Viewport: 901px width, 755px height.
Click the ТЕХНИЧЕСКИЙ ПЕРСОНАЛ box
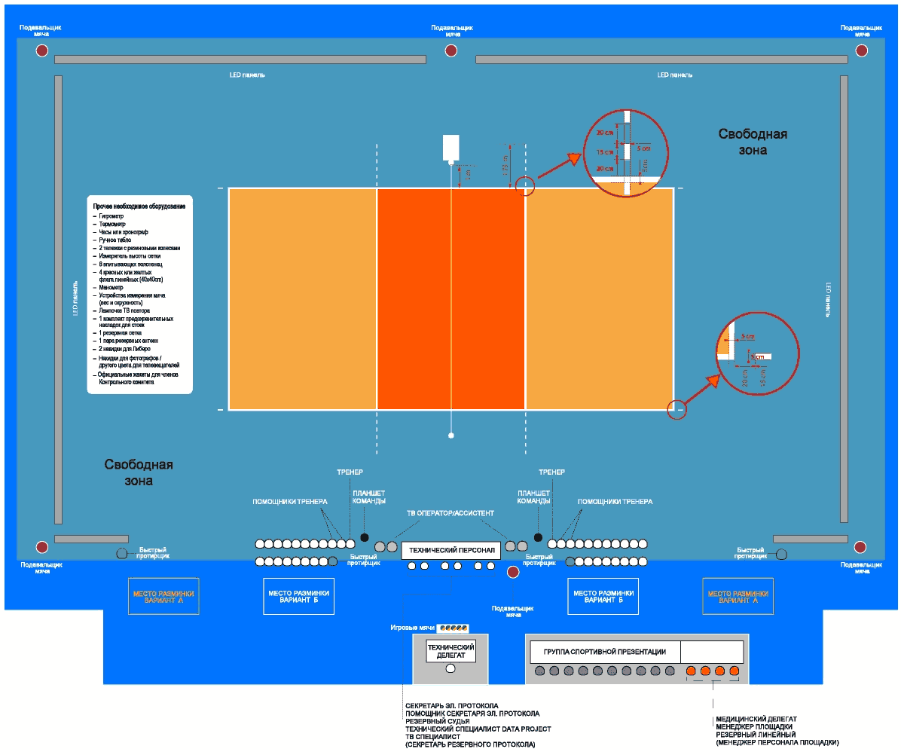(450, 550)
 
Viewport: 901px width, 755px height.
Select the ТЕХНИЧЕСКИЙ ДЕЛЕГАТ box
(450, 652)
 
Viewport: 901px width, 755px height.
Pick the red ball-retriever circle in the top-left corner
(41, 50)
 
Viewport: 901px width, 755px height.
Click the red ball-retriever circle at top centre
(450, 50)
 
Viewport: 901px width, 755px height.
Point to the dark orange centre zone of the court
(450, 298)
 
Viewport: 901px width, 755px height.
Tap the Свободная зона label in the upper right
(752, 142)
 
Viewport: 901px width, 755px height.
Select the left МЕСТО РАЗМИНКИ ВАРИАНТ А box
(163, 597)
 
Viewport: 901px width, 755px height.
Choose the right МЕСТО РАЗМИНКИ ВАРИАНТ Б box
(603, 597)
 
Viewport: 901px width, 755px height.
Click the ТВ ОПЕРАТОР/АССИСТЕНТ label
(450, 513)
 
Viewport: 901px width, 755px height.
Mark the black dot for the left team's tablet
(365, 537)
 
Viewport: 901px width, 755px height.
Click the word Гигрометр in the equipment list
(111, 216)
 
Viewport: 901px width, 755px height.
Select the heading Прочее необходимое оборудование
(139, 206)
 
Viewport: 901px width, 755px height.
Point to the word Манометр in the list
(111, 287)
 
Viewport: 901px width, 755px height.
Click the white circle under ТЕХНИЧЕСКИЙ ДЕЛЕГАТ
(450, 668)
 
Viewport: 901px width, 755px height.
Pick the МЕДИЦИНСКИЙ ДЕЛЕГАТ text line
(756, 719)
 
